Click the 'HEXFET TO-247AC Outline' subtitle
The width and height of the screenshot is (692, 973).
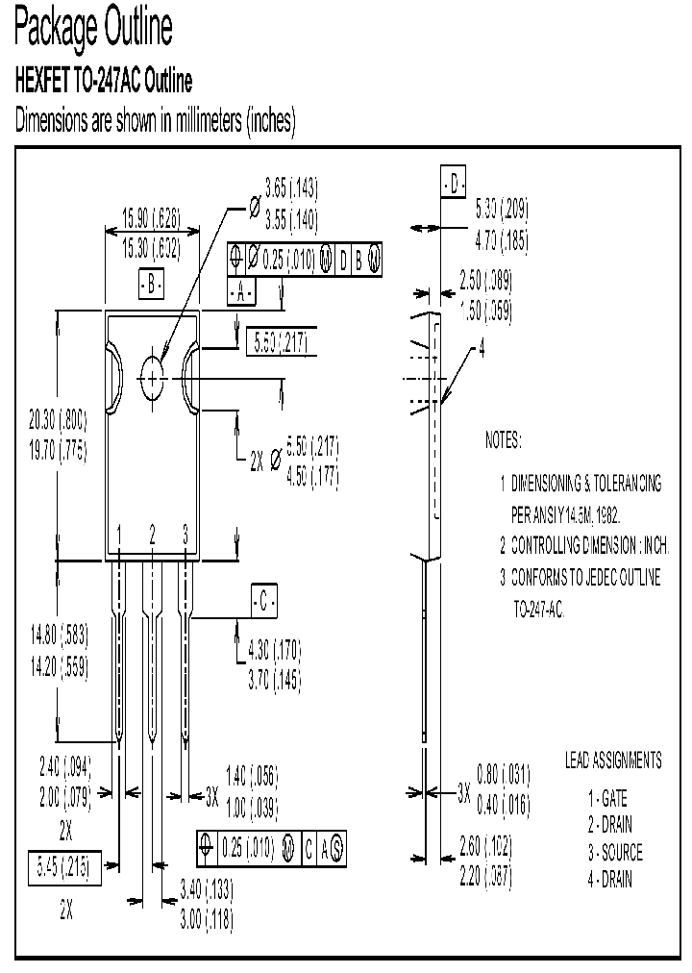click(x=104, y=82)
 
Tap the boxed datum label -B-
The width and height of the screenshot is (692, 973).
click(x=152, y=285)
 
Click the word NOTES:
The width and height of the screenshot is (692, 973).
click(x=503, y=440)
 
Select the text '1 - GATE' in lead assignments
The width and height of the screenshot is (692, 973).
click(x=607, y=797)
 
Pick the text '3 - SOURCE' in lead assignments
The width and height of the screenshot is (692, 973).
click(x=615, y=853)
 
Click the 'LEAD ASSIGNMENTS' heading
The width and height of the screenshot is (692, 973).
click(x=612, y=761)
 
